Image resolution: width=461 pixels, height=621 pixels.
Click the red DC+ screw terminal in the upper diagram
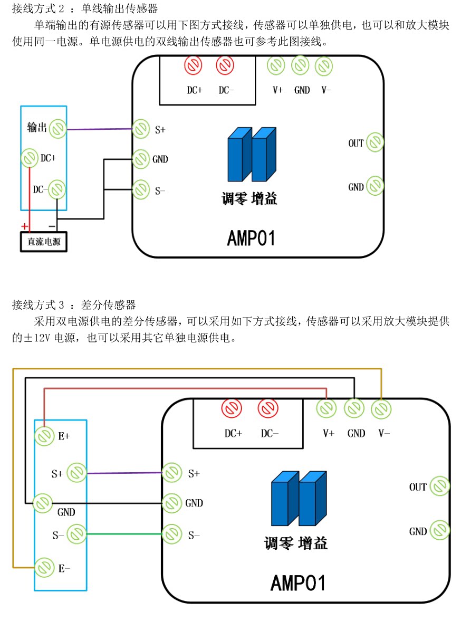[x=193, y=66]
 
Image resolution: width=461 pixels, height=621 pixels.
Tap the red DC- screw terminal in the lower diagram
[x=268, y=408]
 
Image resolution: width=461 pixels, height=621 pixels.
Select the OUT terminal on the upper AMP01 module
[x=374, y=142]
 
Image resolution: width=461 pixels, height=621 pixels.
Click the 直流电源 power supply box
[x=44, y=242]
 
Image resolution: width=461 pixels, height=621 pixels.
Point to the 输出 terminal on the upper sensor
[x=58, y=129]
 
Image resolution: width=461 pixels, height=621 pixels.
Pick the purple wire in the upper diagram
[x=99, y=129]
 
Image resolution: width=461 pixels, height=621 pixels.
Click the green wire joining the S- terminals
[x=124, y=534]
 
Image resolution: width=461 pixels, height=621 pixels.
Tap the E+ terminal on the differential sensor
[x=44, y=436]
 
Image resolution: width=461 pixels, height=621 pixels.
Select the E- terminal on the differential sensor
[x=44, y=568]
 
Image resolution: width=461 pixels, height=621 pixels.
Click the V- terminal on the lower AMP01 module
[x=381, y=409]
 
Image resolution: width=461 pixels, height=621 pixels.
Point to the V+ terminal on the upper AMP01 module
[x=276, y=66]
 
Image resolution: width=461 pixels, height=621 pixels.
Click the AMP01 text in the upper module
[x=251, y=238]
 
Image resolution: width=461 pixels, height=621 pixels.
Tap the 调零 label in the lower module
[x=278, y=543]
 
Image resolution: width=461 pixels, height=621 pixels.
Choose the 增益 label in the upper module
[x=264, y=198]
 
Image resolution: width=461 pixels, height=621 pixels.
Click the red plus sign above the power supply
[x=25, y=226]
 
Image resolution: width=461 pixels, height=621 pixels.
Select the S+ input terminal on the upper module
[x=141, y=129]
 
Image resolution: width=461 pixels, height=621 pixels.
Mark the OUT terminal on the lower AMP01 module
[x=439, y=486]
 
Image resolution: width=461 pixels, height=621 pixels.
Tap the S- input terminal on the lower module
[x=172, y=534]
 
